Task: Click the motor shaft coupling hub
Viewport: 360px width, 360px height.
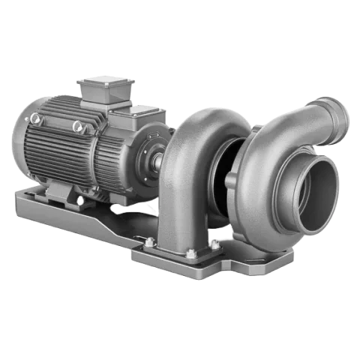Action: click(x=160, y=159)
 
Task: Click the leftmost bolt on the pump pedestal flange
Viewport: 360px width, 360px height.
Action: click(x=150, y=242)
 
